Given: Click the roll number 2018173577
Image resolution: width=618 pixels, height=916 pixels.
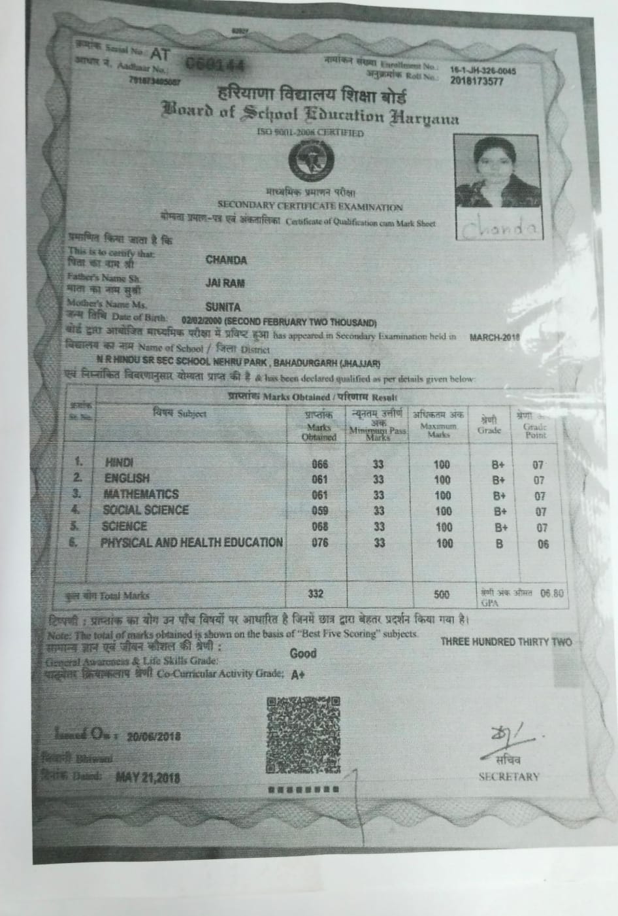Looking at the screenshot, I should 476,81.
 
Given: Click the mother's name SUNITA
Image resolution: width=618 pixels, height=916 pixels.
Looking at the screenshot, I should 223,307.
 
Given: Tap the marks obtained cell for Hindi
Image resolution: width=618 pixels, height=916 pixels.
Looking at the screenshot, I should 320,464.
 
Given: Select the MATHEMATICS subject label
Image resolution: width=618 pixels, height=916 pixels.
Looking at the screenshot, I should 141,494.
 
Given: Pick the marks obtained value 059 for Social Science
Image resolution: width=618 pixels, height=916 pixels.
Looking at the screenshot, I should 320,511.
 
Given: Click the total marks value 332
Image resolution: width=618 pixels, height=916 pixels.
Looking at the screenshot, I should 316,594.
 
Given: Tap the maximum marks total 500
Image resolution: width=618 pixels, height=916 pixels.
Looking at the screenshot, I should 442,594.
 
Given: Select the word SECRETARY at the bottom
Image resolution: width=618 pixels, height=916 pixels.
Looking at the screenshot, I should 509,777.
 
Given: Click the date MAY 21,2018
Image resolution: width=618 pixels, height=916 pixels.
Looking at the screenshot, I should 148,777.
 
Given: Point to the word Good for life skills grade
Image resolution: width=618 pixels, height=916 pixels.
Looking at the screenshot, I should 303,653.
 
